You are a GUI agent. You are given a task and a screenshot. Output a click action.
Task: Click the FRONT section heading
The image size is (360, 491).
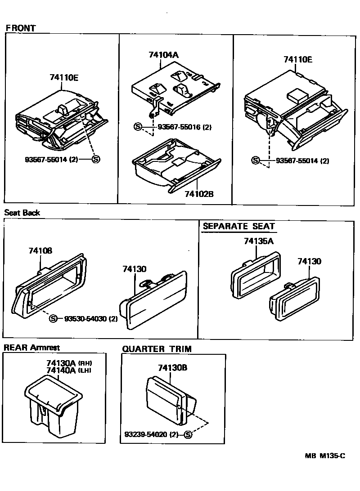[21, 28]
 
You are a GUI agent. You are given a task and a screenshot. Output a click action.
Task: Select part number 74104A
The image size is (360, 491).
[164, 55]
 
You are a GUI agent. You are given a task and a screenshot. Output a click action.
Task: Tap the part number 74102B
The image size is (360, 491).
[198, 194]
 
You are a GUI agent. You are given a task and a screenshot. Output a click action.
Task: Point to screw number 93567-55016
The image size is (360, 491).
[178, 127]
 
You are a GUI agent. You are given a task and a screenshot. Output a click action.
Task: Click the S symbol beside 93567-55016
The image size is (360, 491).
[138, 127]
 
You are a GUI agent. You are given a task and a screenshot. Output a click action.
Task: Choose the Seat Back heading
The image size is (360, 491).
[22, 213]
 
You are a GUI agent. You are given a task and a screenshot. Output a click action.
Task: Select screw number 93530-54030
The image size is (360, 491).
[84, 319]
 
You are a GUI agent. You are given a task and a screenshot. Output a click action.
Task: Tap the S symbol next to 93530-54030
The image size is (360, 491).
[53, 319]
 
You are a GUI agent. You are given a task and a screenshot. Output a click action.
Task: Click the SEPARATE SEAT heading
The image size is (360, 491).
[238, 226]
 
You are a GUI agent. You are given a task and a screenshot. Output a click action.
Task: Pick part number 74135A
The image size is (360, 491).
[258, 241]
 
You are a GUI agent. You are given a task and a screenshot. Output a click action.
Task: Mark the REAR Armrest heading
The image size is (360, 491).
[31, 348]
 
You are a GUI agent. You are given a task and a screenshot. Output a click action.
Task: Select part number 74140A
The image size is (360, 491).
[61, 370]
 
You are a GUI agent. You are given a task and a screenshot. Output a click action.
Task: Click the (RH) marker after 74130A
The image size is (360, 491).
[85, 363]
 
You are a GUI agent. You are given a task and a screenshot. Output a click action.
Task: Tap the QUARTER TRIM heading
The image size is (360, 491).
[157, 349]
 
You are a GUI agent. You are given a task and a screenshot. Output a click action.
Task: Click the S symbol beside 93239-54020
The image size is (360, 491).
[188, 434]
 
